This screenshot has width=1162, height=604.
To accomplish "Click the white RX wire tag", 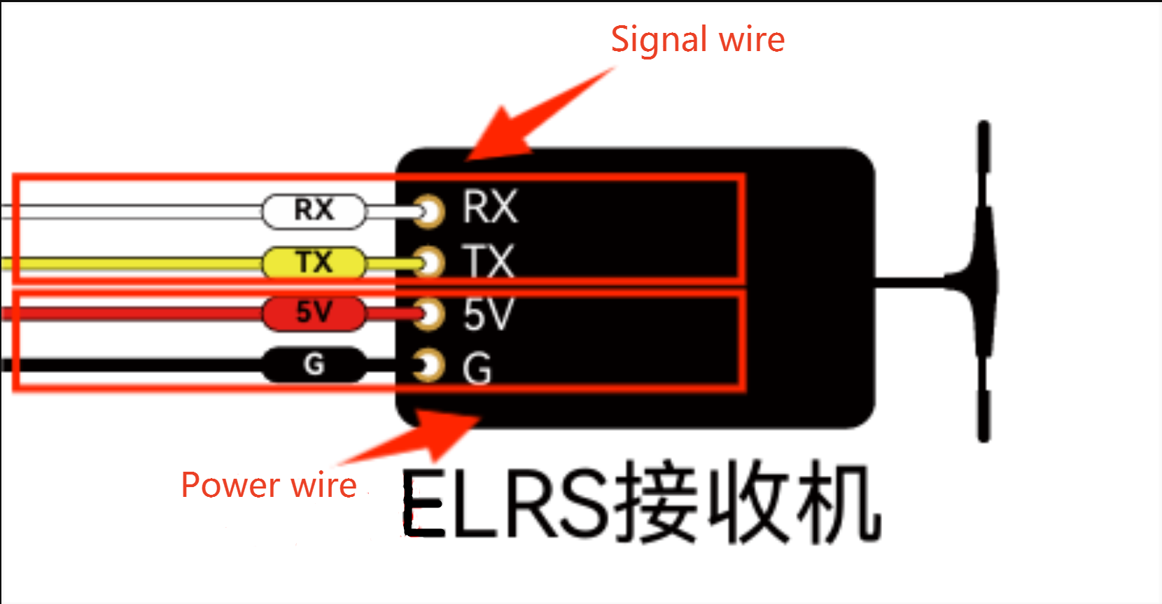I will (x=314, y=211).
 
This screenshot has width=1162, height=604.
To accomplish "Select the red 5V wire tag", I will (x=314, y=313).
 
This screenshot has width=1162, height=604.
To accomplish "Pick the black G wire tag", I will (x=314, y=365).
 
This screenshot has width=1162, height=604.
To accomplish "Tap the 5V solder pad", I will (x=429, y=314).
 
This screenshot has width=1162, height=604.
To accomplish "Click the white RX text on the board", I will (x=489, y=207).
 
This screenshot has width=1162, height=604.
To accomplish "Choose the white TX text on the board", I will (x=489, y=262).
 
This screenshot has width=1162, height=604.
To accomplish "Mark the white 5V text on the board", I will (x=488, y=314).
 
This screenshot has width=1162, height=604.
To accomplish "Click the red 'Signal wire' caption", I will (x=697, y=39).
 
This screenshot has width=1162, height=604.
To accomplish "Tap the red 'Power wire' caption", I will (x=269, y=485).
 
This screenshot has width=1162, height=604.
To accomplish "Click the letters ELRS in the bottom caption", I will (x=507, y=503).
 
